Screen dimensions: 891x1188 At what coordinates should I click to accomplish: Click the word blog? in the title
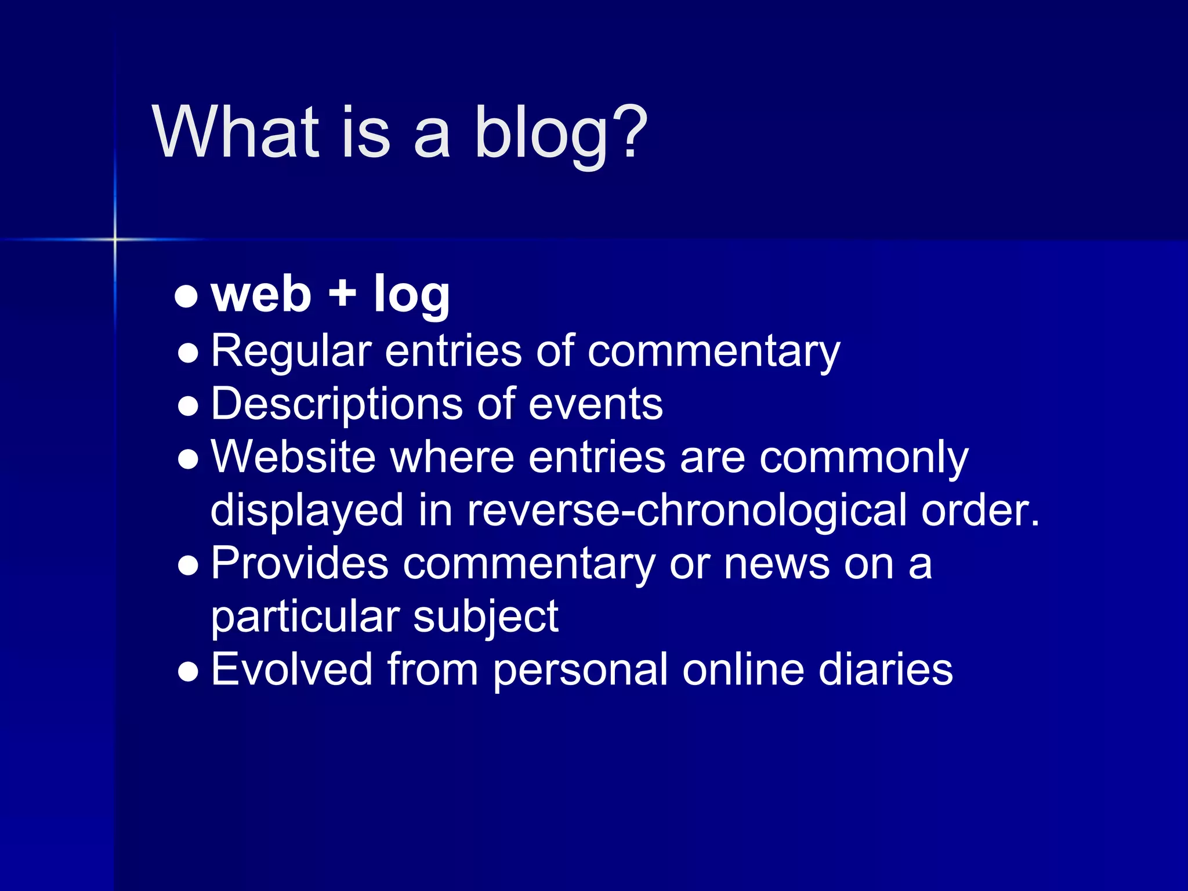point(560,133)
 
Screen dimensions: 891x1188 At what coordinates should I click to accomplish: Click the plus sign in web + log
point(342,292)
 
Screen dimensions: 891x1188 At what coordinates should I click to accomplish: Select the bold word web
point(261,295)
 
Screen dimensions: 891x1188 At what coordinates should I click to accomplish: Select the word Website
point(293,457)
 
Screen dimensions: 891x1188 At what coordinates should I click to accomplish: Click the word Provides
point(299,564)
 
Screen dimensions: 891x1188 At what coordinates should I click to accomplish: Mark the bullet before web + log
point(186,297)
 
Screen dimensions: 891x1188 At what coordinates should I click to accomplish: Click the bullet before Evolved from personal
point(189,673)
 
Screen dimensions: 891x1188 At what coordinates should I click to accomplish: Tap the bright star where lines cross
point(115,239)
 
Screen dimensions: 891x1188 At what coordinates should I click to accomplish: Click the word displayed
point(307,510)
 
